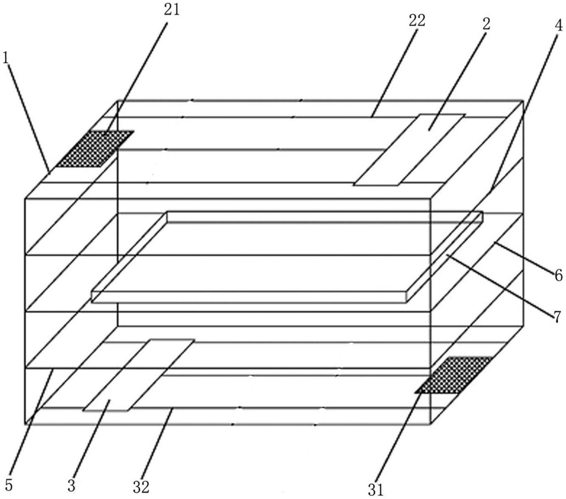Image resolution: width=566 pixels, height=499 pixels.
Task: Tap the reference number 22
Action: [417, 20]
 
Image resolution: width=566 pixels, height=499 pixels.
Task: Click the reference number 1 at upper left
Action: [6, 58]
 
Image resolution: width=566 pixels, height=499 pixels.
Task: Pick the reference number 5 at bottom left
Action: [9, 485]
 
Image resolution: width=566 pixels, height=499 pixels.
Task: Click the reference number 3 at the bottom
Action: [71, 485]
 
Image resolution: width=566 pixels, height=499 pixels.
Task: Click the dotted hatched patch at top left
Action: [95, 149]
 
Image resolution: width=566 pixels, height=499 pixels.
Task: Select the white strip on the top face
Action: [409, 150]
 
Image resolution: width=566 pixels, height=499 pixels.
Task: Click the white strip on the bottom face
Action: [138, 375]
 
